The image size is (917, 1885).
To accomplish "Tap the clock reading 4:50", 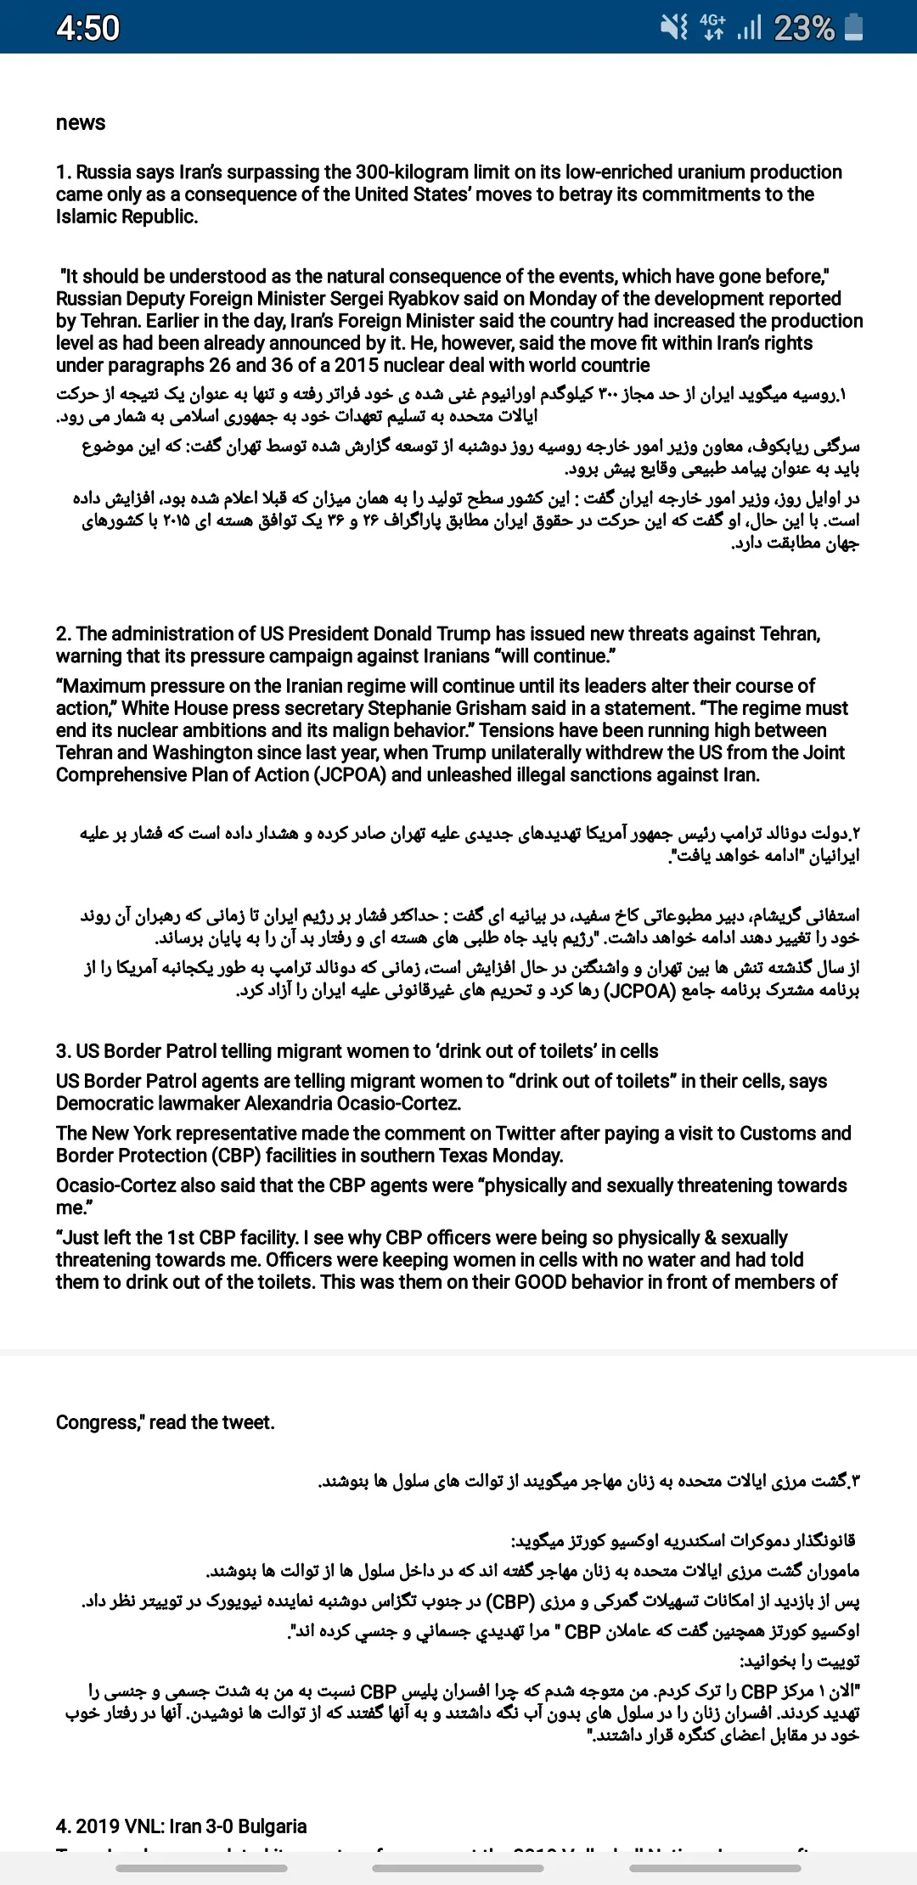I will (x=87, y=28).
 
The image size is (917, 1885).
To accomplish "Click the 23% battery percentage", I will (x=804, y=28).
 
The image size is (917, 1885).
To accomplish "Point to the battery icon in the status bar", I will (x=855, y=27).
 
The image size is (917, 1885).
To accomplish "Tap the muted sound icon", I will (x=674, y=28).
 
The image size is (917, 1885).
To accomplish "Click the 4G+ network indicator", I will (x=712, y=27).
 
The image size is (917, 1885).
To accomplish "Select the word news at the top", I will (x=81, y=123).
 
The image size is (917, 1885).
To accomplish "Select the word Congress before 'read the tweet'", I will (x=98, y=1422).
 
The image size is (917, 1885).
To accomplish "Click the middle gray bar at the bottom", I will (x=458, y=1868).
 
